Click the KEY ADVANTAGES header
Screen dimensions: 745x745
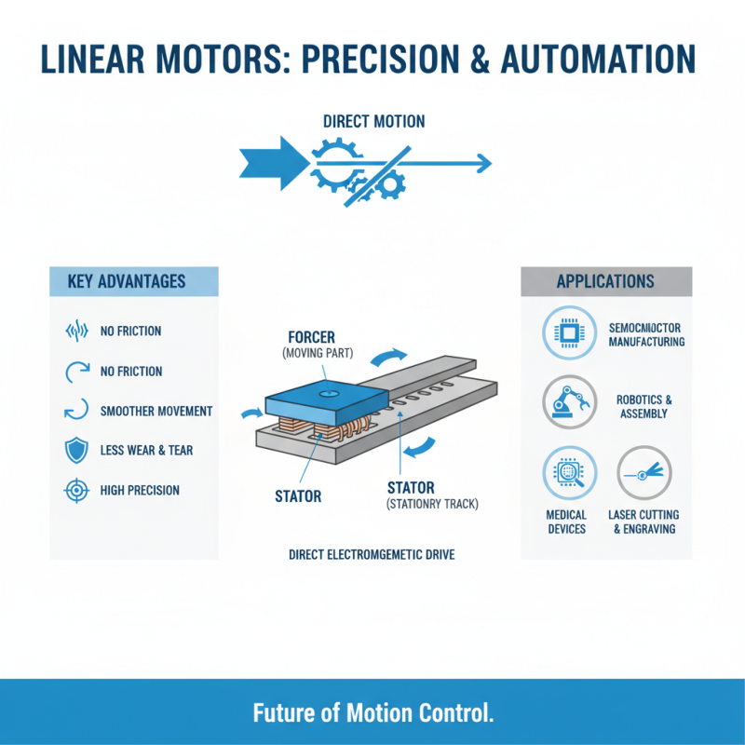127,281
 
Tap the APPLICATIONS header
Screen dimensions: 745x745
605,281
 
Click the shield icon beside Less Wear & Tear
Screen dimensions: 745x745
77,451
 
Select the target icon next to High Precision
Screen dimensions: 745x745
77,490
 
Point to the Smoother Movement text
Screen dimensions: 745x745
156,411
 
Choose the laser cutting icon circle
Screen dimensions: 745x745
643,473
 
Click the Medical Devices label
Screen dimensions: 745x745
566,521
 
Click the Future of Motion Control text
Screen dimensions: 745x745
372,713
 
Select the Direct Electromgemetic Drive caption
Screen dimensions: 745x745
372,554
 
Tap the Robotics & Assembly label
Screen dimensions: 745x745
644,406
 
